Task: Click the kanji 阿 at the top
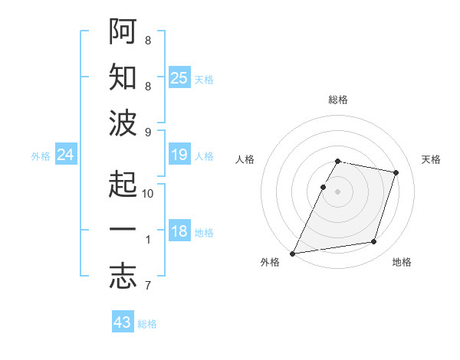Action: pos(123,32)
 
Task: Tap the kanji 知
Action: pos(123,77)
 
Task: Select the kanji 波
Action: pos(123,123)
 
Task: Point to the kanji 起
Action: pos(123,185)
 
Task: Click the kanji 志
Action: pos(123,277)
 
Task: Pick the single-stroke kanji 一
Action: pos(123,231)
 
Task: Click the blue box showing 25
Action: pos(179,77)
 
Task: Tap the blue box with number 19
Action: pos(179,155)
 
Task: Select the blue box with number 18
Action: pos(179,232)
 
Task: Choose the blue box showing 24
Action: pos(65,155)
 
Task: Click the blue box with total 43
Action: pos(123,322)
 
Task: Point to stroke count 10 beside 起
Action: pos(149,194)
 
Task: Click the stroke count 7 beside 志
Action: pos(147,286)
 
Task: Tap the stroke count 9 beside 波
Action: pos(147,132)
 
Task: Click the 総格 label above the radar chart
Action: pos(338,100)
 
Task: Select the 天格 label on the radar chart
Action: pos(432,159)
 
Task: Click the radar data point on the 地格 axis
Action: pos(374,242)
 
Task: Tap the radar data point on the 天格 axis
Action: pos(396,173)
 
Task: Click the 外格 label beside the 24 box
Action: pos(41,155)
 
